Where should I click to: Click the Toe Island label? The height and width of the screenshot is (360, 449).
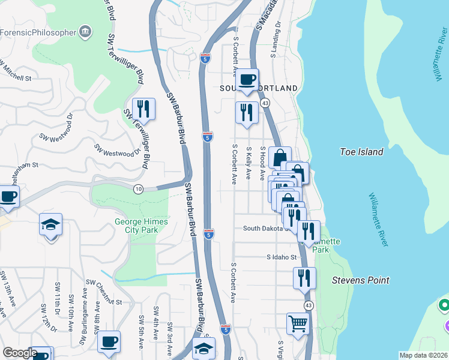[361, 152]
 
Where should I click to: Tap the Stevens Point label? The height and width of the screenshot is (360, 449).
[361, 280]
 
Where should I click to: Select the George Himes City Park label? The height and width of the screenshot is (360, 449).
[142, 226]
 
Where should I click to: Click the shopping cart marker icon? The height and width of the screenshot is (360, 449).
[298, 324]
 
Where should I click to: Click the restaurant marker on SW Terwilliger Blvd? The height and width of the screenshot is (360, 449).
[143, 108]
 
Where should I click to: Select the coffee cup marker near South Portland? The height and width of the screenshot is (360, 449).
[247, 80]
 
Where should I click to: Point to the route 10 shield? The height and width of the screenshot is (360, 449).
[138, 189]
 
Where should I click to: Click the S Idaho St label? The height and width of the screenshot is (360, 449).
[282, 257]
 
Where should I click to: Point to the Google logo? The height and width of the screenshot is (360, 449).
[20, 353]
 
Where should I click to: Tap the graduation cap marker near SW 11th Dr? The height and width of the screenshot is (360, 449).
[52, 225]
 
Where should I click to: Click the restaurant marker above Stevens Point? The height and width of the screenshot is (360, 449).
[304, 277]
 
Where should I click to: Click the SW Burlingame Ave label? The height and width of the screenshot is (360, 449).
[84, 312]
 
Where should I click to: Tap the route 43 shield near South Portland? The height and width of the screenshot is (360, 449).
[265, 103]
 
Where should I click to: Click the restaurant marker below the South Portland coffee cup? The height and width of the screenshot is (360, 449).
[247, 112]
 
